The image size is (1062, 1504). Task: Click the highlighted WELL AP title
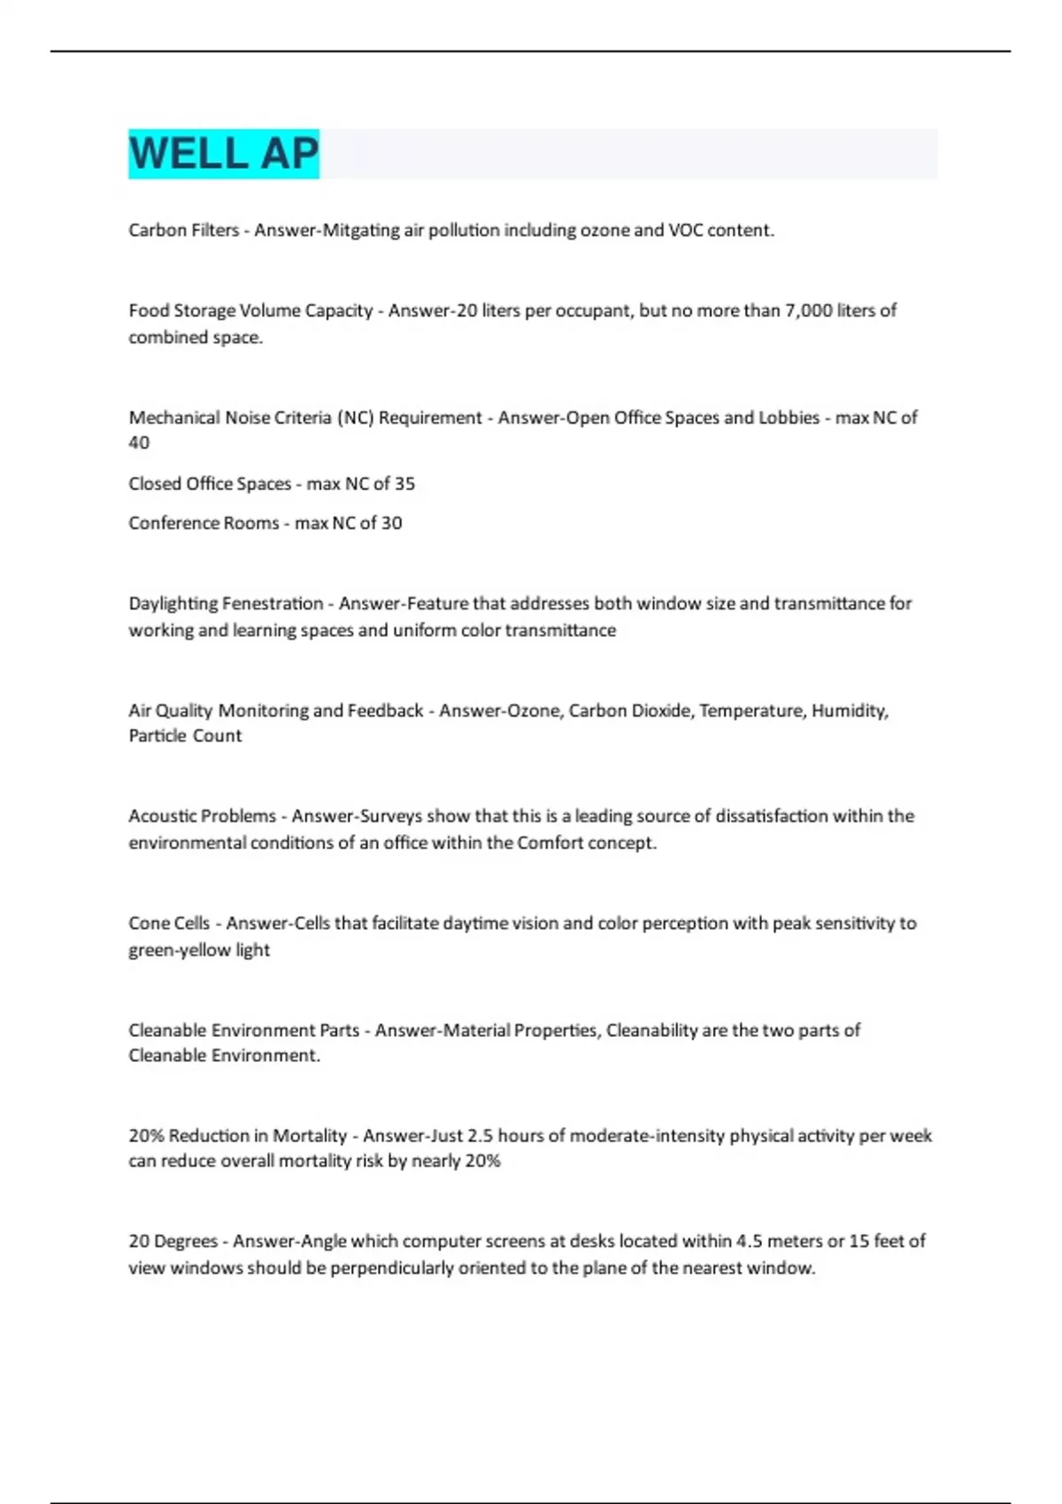pos(223,154)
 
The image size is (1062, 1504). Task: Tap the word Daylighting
pos(173,604)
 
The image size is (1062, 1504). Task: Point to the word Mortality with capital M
pos(310,1136)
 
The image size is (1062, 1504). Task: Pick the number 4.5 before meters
pos(749,1241)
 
